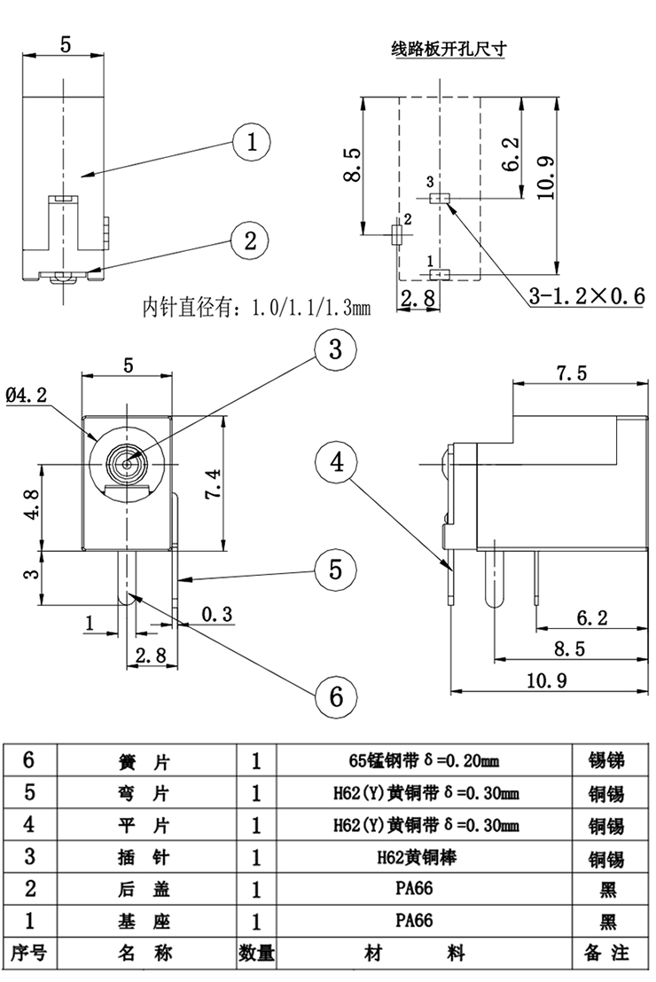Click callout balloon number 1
[253, 142]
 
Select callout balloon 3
[335, 350]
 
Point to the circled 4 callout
[337, 462]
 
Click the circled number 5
[335, 569]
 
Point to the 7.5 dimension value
[572, 373]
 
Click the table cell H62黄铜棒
[426, 857]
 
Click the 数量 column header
[257, 953]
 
